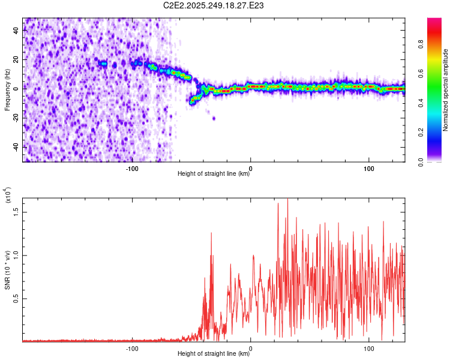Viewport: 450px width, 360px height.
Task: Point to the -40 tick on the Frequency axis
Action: click(16, 146)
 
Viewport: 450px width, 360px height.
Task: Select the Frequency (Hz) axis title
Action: click(7, 89)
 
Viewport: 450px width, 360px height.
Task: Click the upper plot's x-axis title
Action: click(214, 174)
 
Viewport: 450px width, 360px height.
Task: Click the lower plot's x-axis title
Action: click(214, 353)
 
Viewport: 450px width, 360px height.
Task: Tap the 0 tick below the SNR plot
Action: click(251, 347)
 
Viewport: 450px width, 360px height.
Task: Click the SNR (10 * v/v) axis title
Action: click(8, 271)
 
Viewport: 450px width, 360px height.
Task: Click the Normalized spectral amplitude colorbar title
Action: click(446, 90)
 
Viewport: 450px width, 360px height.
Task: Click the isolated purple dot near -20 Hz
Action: click(214, 118)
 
